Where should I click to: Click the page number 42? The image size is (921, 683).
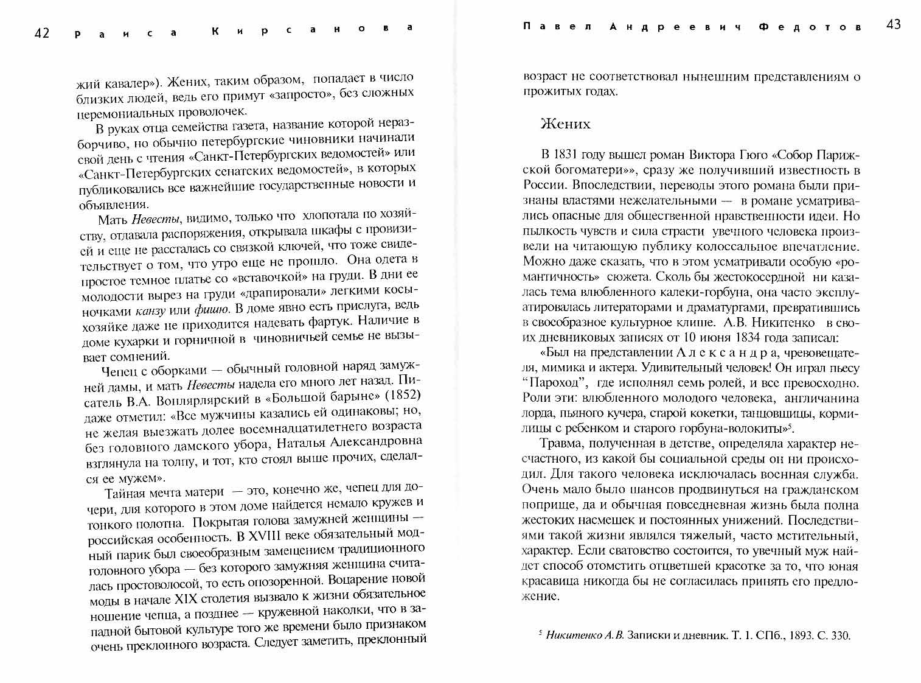pos(41,33)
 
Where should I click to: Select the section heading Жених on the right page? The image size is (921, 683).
pos(565,124)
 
